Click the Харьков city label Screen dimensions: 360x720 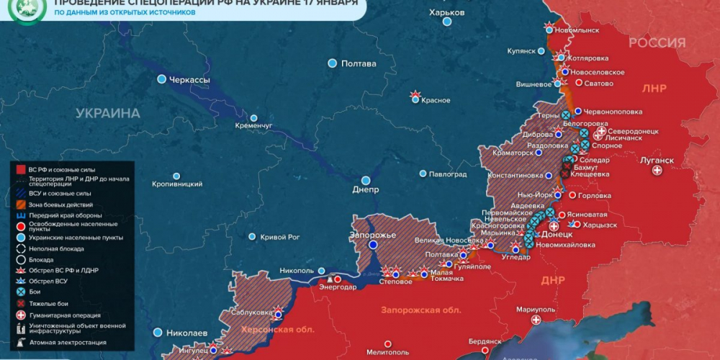446,13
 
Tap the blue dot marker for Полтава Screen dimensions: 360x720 332,63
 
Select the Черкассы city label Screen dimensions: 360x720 189,79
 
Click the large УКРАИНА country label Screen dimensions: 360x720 109,113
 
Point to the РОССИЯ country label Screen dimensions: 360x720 657,43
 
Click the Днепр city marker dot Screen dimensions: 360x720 366,180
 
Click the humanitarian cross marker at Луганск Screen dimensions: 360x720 657,171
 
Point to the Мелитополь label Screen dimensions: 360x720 388,352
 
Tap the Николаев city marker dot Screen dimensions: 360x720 158,333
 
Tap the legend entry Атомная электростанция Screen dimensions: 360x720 60,342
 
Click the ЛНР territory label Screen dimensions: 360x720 654,89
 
